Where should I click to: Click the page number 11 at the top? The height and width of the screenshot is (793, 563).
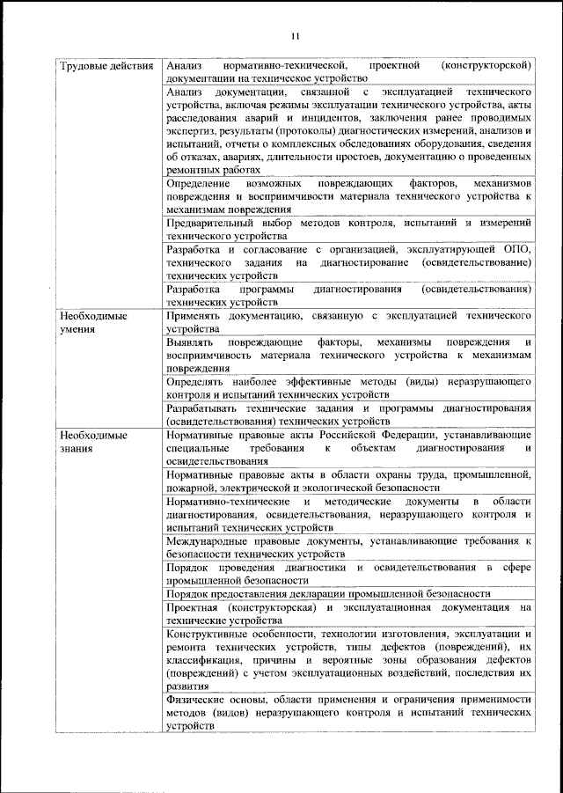point(294,35)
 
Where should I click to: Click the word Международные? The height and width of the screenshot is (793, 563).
point(208,542)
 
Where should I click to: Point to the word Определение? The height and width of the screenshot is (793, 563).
point(198,182)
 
